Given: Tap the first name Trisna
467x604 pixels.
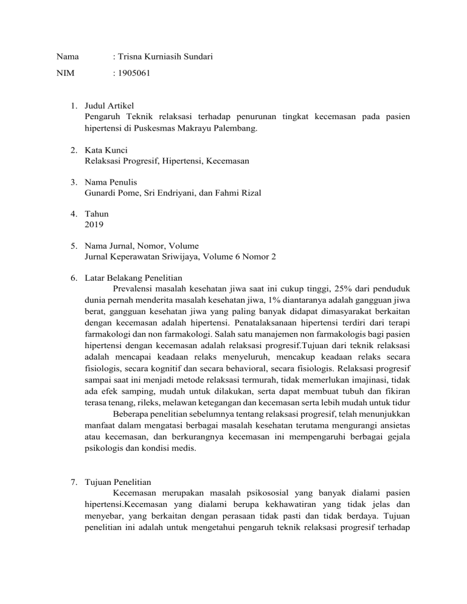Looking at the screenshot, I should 132,58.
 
